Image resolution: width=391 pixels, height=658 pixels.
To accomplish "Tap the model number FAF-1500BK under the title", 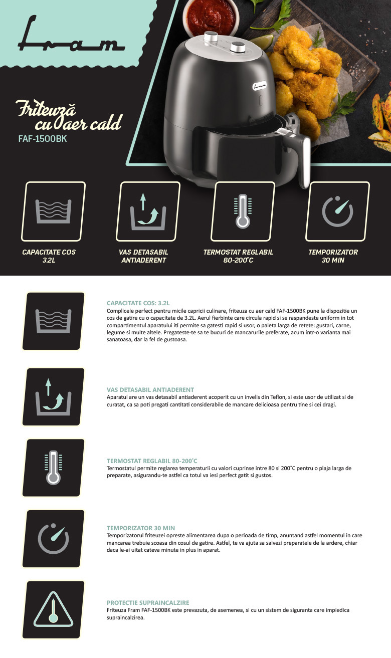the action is click(43, 139).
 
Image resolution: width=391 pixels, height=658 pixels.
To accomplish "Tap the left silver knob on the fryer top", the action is click(211, 37).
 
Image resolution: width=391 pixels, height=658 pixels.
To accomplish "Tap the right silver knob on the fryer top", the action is click(238, 47).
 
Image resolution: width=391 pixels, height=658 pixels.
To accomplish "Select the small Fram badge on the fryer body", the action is click(260, 86).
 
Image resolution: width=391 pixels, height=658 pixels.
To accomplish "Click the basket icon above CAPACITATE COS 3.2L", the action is click(53, 211).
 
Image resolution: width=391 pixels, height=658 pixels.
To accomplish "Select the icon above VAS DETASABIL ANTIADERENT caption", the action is click(148, 211).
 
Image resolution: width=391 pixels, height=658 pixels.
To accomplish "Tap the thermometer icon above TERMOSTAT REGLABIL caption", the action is click(243, 211).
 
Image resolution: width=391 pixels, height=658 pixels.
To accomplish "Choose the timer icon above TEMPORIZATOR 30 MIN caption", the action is click(337, 211).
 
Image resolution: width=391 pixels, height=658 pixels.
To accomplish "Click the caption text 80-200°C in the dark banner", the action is click(238, 260).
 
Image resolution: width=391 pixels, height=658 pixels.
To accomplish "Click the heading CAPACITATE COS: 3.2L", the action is click(138, 303).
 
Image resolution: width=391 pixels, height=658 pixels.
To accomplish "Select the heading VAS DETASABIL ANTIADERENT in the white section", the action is click(150, 389).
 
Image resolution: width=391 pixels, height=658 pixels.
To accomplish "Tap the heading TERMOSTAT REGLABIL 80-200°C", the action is click(152, 461).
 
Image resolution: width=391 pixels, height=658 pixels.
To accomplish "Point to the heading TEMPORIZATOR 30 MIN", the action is click(141, 528).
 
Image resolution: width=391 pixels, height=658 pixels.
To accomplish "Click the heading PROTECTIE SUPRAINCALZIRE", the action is click(148, 602).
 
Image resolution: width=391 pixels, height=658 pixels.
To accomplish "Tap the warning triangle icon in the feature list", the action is click(53, 609).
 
